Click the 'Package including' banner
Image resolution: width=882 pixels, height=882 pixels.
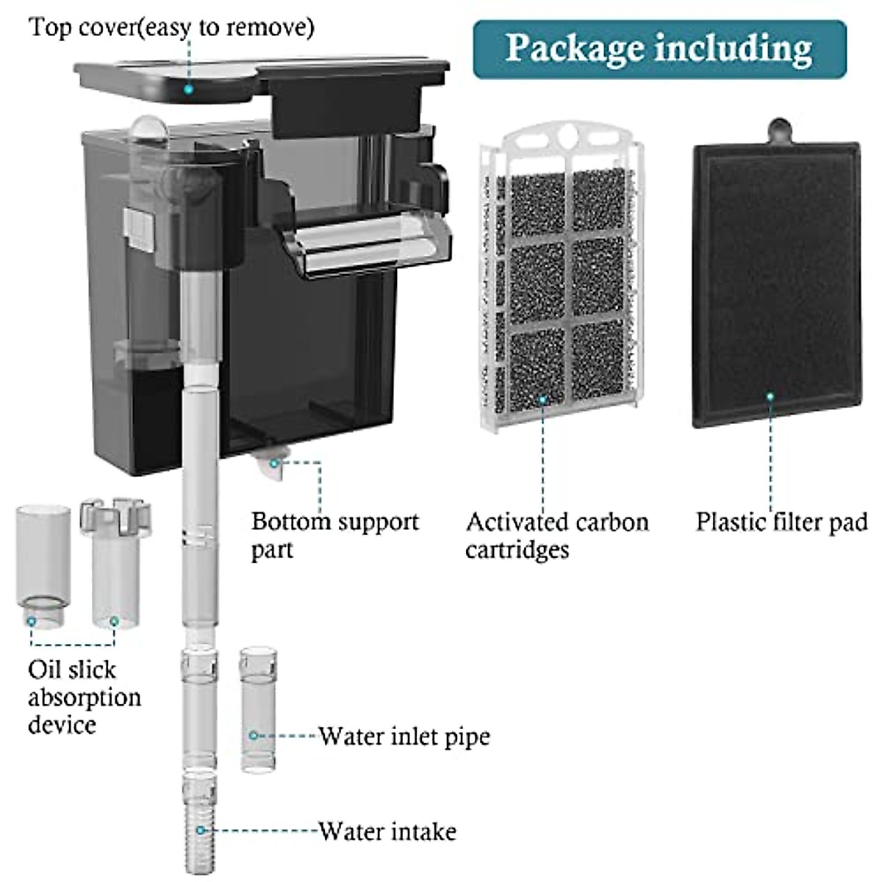659,49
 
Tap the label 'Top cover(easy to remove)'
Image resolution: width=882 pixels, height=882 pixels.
172,27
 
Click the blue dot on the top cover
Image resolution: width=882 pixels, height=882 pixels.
188,89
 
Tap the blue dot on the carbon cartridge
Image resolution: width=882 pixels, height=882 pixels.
542,400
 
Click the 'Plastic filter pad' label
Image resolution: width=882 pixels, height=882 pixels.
781,523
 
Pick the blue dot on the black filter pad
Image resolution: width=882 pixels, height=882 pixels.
770,396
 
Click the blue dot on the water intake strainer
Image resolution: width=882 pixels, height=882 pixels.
200,830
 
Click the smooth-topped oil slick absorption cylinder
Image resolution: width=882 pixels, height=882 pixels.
44,567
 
